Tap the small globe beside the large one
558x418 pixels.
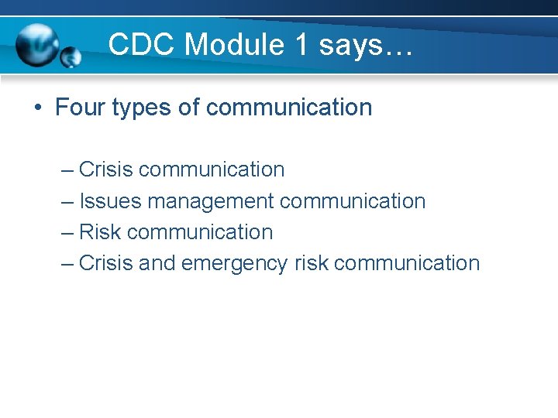(x=71, y=57)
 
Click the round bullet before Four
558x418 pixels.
(x=38, y=108)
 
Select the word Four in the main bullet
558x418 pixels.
(x=80, y=108)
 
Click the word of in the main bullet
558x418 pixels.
(x=189, y=108)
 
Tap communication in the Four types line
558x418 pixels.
(x=289, y=108)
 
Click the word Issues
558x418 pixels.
(x=110, y=201)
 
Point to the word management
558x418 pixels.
(x=211, y=202)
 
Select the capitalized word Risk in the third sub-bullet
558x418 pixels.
(x=100, y=232)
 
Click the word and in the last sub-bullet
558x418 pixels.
(x=157, y=263)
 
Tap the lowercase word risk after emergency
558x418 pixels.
(x=311, y=263)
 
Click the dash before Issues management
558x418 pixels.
(x=67, y=201)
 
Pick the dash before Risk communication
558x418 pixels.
(x=67, y=232)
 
